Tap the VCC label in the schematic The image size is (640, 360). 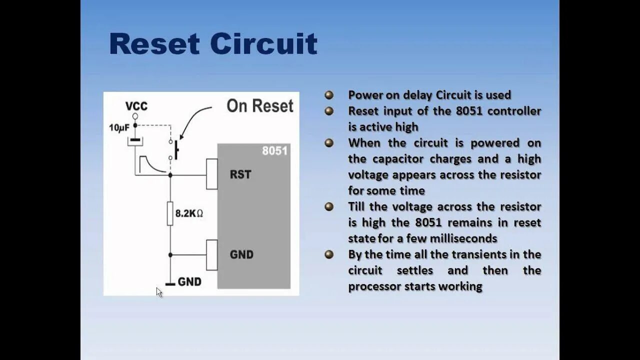136,106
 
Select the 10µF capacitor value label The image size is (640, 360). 119,128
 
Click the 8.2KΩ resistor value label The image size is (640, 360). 188,213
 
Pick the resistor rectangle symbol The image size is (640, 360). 170,213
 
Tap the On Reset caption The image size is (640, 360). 259,106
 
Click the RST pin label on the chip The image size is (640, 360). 240,175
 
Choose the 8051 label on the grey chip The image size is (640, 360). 274,150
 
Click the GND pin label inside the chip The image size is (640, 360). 241,254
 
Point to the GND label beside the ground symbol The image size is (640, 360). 189,282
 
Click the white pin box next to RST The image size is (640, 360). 212,174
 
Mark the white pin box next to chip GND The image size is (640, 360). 212,255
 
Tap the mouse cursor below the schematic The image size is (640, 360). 159,292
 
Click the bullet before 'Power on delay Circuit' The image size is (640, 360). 329,95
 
